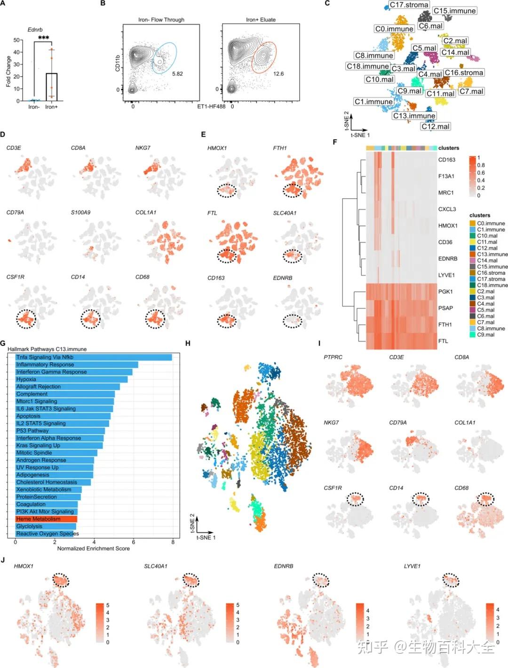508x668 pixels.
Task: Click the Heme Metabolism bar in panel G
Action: pos(46,519)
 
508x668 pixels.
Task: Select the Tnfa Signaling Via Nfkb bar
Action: pos(94,357)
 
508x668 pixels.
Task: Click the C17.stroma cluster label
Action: pos(409,5)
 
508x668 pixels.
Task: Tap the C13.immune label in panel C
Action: pos(414,115)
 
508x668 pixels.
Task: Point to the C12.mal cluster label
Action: pos(436,126)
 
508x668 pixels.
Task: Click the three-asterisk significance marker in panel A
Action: pos(43,38)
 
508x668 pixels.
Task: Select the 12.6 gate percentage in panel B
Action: pos(278,74)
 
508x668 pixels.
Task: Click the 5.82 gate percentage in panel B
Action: pos(177,74)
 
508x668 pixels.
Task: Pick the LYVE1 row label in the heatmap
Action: pos(446,275)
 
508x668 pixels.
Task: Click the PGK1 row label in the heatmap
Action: pos(445,292)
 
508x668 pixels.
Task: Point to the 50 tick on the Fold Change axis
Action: pos(16,40)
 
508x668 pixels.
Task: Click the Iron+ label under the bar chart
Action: pos(51,107)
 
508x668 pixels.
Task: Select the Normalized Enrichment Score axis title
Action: pos(93,548)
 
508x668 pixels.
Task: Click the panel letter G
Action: pos(3,343)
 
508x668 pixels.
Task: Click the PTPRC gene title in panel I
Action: pos(333,357)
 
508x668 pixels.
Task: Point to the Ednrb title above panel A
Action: pos(35,30)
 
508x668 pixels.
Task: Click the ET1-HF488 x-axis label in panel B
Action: pos(211,106)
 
